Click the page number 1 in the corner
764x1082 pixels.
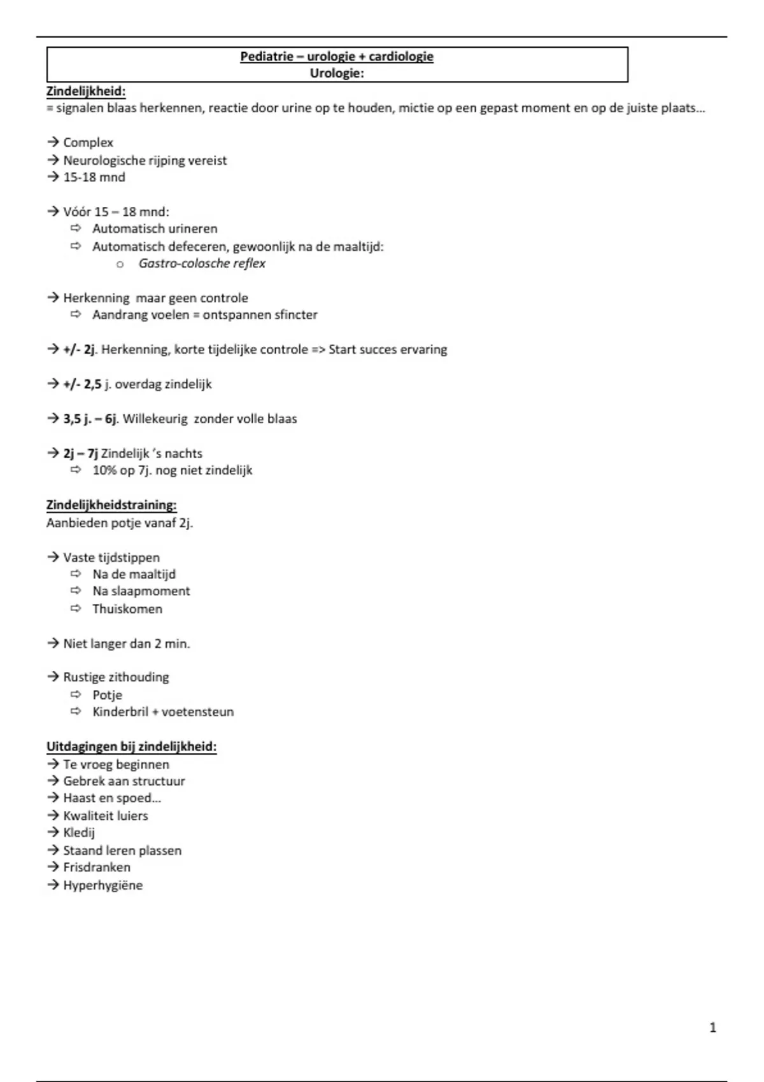712,1027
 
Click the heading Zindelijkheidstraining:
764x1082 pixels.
111,505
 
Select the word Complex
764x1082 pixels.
88,143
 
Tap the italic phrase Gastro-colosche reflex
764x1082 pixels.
202,263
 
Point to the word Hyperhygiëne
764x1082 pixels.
103,885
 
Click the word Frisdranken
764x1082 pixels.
97,868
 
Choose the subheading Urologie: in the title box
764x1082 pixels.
337,73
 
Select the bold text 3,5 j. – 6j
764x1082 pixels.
90,419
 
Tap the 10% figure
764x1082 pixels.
104,470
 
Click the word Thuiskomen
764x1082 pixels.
127,609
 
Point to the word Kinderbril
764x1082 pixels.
120,712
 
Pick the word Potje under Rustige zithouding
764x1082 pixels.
107,695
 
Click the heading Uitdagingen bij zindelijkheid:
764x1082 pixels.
131,747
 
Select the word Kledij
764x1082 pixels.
79,833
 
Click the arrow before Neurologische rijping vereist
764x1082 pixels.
53,160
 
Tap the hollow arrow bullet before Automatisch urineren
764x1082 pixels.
76,228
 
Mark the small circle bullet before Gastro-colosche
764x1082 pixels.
120,264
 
